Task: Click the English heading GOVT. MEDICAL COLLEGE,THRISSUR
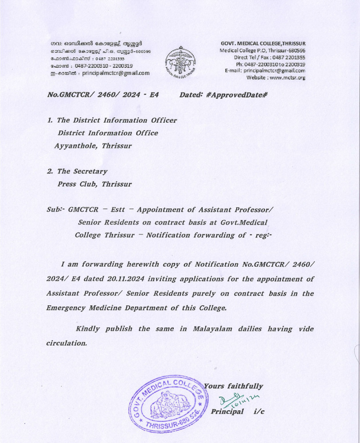tap(263, 43)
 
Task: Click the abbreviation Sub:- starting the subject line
tap(55, 210)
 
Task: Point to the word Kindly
tap(88, 329)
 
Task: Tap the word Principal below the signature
tap(227, 412)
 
